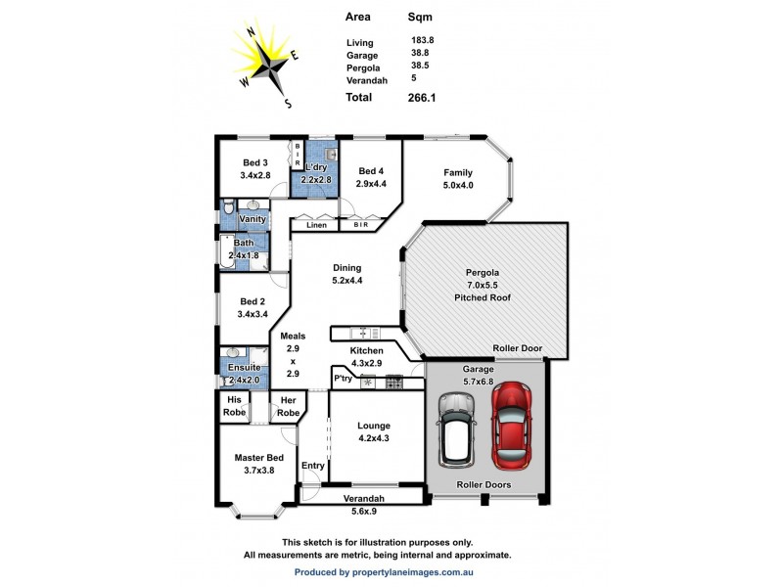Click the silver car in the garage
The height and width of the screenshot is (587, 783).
[456, 429]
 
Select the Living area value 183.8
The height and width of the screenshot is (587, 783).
[422, 40]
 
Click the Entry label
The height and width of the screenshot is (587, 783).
[312, 466]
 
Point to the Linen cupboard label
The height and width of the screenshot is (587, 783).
[316, 226]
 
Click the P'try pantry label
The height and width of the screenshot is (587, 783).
[343, 378]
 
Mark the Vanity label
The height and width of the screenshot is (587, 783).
[253, 219]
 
